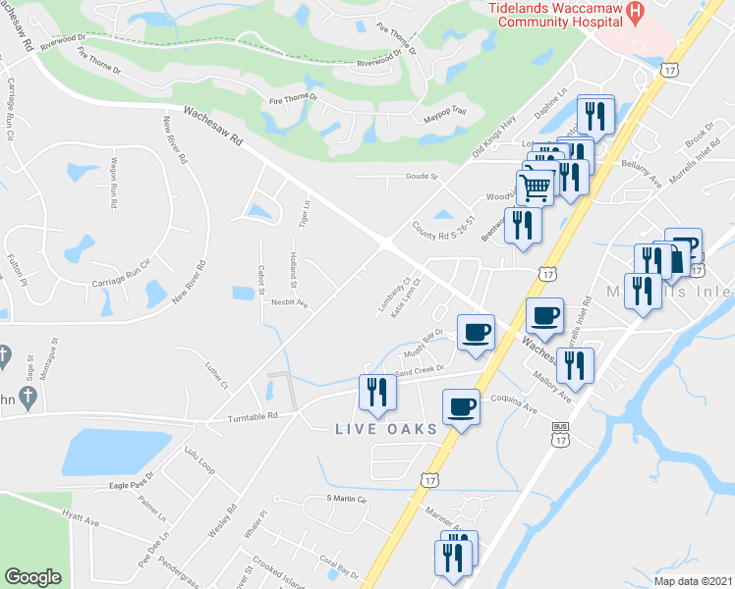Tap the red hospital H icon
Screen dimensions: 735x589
(x=635, y=12)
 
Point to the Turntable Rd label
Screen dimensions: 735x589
(x=240, y=416)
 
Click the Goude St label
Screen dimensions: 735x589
(x=421, y=177)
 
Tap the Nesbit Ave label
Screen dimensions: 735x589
(x=290, y=304)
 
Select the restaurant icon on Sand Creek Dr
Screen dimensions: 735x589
(x=377, y=391)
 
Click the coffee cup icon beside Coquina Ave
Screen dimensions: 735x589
(x=461, y=405)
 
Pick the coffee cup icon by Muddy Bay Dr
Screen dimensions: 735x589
(x=476, y=333)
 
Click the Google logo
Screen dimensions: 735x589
(x=33, y=577)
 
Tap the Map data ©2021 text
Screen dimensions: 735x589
(x=693, y=581)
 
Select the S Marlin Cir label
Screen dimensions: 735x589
(x=346, y=500)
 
